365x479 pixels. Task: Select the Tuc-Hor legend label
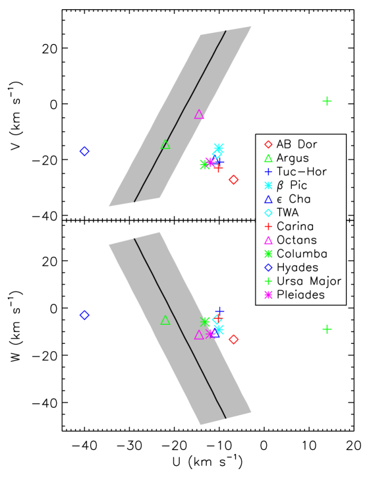(x=302, y=172)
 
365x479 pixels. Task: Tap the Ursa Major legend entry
(x=309, y=281)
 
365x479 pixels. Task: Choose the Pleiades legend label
(x=300, y=295)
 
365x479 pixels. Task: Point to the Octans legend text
(x=296, y=240)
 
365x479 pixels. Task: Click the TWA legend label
(x=287, y=213)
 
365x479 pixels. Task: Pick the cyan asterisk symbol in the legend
(x=268, y=186)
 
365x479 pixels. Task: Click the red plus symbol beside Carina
(x=268, y=227)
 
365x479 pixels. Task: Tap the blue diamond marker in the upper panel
(x=84, y=152)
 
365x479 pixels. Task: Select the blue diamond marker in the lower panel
(x=84, y=315)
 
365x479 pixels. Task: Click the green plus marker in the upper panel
(x=327, y=101)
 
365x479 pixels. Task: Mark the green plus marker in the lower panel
(x=327, y=329)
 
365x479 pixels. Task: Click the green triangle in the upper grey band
(x=165, y=145)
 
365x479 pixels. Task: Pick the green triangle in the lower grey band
(x=165, y=320)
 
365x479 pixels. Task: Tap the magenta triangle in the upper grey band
(x=199, y=115)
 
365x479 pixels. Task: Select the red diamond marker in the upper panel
(x=233, y=180)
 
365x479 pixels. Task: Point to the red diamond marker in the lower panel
(x=233, y=339)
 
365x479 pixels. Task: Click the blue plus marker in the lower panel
(x=219, y=310)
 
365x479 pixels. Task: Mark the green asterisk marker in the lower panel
(x=205, y=322)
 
